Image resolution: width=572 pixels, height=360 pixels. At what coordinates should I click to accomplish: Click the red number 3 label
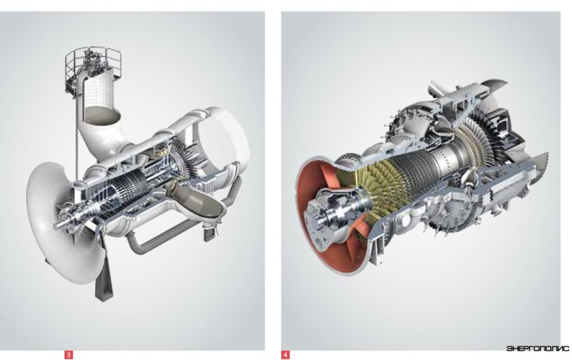(69, 355)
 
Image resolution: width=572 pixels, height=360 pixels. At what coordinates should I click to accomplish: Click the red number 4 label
(285, 355)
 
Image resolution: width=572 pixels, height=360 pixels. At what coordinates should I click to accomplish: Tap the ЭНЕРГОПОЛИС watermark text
(537, 348)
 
